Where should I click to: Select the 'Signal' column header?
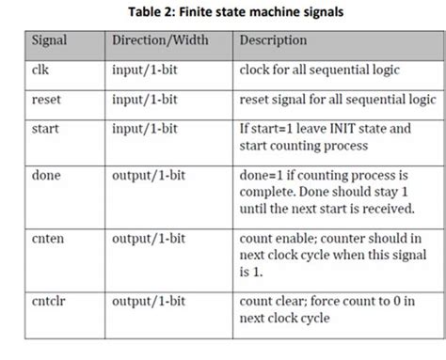click(x=49, y=41)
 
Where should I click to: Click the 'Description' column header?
click(x=274, y=41)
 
